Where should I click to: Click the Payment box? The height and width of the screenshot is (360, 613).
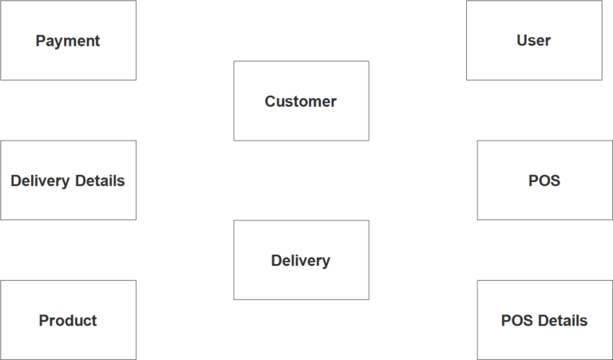coord(68,40)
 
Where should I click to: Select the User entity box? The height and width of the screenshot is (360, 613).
coord(534,40)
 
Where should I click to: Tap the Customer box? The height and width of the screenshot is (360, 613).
coord(301,101)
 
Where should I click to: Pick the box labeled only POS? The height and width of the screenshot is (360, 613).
coord(544,180)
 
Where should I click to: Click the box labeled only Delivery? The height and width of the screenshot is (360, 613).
coord(301,260)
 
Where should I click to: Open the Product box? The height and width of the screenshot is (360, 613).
coord(68,319)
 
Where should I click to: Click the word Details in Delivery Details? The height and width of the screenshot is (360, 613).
coord(99,180)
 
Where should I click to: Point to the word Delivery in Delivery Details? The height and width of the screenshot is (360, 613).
coord(40,180)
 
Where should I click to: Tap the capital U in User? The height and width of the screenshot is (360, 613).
coord(522,41)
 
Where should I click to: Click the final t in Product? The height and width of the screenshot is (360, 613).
coord(94,321)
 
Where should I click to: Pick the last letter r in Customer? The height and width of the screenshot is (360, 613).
coord(334,102)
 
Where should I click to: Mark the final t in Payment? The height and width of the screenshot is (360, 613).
coord(97,41)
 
